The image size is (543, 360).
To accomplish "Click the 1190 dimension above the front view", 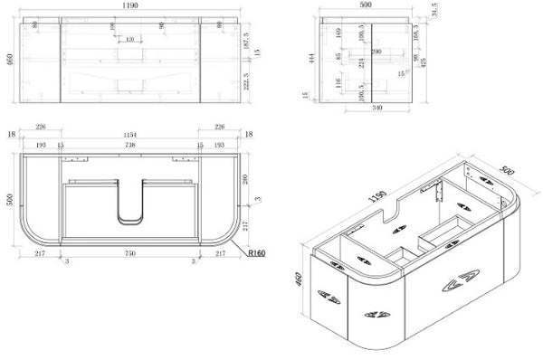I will [132, 5].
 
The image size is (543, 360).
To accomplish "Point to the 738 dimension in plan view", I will [132, 145].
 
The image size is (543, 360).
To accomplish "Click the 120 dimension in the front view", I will [130, 40].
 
